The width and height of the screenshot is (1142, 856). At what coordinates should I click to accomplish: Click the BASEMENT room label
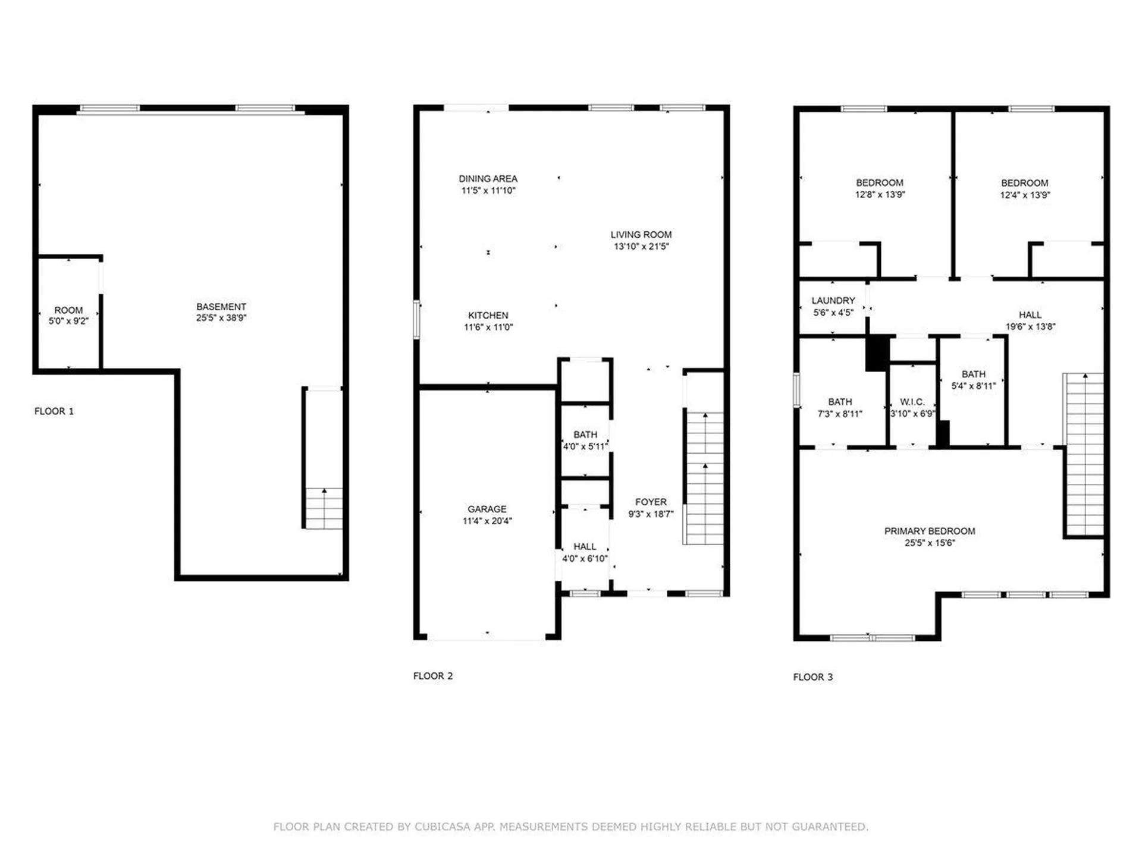coord(221,307)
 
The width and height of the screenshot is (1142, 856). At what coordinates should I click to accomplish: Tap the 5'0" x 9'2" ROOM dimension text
coord(68,321)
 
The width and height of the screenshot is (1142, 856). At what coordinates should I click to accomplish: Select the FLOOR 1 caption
coord(54,411)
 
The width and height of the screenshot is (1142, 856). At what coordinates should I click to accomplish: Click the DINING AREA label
coord(488,179)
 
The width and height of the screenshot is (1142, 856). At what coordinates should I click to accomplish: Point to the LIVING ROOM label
coord(641,235)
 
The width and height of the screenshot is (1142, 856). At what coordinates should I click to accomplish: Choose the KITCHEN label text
coord(488,316)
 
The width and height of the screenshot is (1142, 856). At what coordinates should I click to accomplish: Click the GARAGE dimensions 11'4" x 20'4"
coord(487,521)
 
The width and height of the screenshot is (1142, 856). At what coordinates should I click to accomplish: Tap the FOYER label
coord(651,502)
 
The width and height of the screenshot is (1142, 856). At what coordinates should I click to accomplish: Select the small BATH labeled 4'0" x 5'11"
coord(585,440)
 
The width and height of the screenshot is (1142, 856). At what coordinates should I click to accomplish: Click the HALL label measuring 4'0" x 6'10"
coord(585,552)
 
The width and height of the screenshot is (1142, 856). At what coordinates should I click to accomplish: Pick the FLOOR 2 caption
coord(433,676)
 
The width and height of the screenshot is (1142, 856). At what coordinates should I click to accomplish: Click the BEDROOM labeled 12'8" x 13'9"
coord(880,188)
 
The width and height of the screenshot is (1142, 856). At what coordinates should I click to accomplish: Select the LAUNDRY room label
coord(833,301)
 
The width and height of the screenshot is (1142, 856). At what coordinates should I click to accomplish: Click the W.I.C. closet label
coord(912,402)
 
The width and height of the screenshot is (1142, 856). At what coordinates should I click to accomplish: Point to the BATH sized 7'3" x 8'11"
coord(840,408)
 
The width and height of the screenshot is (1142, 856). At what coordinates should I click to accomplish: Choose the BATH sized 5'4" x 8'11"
coord(973,380)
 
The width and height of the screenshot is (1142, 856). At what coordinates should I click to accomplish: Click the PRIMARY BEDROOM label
coord(929,531)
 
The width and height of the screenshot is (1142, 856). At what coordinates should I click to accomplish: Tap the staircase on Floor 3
coord(1084,455)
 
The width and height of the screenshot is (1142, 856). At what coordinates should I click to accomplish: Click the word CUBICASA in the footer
coord(443,827)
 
